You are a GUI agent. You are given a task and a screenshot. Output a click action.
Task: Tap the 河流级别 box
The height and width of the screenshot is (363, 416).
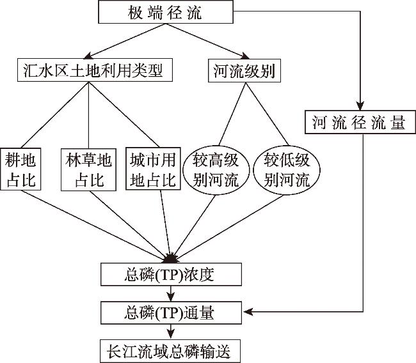(x=242, y=70)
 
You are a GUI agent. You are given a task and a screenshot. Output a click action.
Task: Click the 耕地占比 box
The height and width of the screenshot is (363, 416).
(x=22, y=169)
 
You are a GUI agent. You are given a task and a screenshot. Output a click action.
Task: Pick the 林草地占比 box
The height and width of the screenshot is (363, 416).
(x=89, y=169)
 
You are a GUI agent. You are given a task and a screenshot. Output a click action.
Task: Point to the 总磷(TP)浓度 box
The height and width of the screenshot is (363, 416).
(x=171, y=275)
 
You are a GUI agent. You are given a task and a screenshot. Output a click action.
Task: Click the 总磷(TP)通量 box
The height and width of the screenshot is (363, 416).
(x=171, y=313)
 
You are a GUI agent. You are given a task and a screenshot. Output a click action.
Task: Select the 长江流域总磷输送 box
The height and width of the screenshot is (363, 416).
(x=171, y=351)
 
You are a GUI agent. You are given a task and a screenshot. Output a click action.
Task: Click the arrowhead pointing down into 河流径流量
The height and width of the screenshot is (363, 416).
(x=360, y=107)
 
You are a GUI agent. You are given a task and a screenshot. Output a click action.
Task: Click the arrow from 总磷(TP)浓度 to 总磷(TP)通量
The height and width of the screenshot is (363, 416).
(x=171, y=295)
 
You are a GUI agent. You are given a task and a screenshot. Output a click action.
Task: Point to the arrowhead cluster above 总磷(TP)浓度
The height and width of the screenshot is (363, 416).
(x=171, y=258)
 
